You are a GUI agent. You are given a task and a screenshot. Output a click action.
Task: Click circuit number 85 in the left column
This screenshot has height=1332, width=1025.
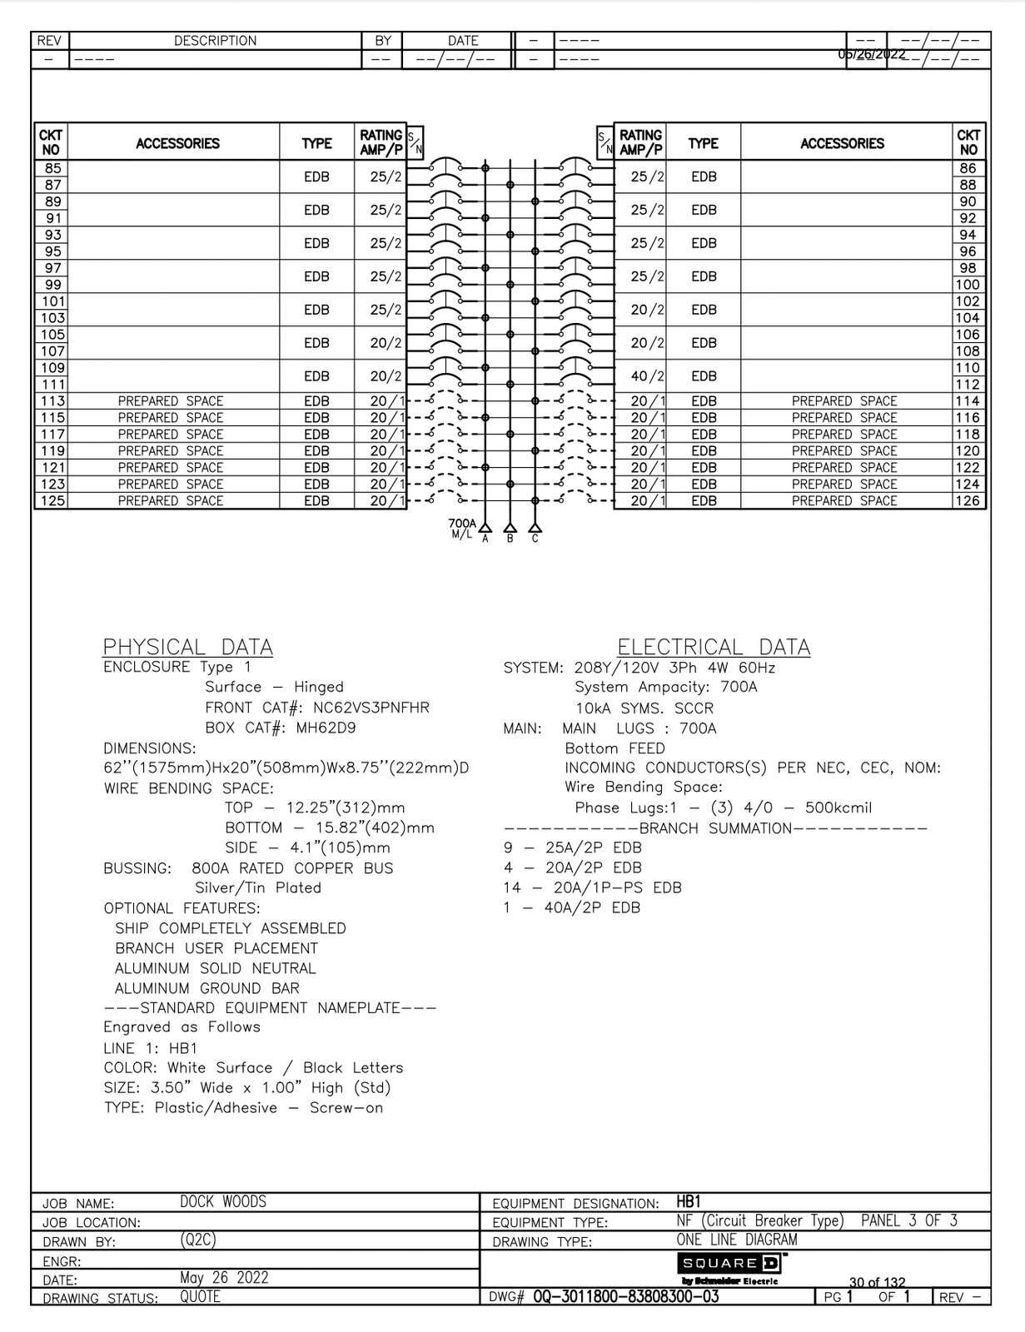(52, 168)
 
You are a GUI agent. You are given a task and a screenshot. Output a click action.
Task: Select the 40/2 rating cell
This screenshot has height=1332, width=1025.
(647, 376)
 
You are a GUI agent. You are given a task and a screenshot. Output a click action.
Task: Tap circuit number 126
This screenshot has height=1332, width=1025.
(968, 501)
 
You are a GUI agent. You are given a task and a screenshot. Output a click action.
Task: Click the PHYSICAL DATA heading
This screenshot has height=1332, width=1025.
(187, 647)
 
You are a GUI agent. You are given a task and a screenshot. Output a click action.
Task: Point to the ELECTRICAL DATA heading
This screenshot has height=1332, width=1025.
(714, 647)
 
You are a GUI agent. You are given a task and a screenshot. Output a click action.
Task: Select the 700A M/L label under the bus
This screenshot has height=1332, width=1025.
(462, 529)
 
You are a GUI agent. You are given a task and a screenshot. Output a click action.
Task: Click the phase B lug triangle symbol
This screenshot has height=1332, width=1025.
(510, 527)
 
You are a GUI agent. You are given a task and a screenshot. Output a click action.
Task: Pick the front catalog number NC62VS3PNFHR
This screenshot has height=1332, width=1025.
(371, 708)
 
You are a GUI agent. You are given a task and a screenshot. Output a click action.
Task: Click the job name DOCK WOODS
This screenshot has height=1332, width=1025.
(223, 1201)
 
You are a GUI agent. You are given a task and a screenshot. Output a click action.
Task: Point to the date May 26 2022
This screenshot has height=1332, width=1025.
(224, 1277)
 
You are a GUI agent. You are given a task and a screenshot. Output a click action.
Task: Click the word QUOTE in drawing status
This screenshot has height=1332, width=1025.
(201, 1296)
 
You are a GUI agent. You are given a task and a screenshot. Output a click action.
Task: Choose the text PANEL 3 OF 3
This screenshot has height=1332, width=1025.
(909, 1220)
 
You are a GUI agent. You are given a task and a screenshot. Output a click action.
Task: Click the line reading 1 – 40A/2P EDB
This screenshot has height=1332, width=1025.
(571, 907)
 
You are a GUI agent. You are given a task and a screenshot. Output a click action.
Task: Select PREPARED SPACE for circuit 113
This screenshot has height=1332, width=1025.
(171, 401)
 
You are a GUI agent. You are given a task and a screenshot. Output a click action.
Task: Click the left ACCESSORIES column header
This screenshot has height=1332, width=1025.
(177, 143)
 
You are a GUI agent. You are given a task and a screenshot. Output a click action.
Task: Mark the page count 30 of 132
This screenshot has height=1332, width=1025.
(877, 1283)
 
